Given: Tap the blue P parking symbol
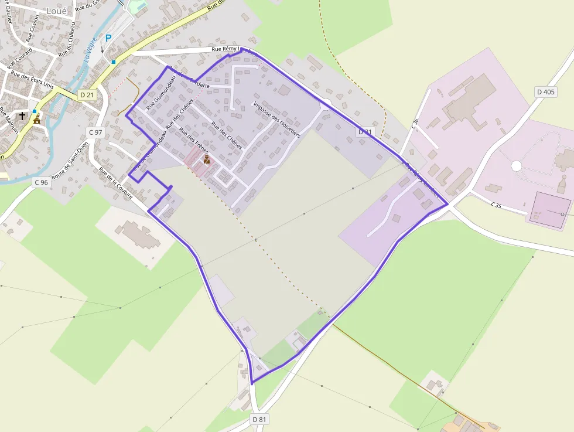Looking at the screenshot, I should tap(108, 38).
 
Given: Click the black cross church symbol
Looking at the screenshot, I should tap(22, 116).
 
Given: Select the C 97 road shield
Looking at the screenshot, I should tap(95, 132).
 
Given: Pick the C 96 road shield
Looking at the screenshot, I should tap(40, 182).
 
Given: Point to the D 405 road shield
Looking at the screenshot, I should tap(546, 92).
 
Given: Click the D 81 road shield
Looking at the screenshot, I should tap(259, 419).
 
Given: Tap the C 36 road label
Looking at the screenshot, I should tap(415, 124).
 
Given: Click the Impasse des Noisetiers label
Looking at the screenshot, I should tap(277, 120).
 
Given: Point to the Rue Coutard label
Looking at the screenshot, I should tap(19, 59).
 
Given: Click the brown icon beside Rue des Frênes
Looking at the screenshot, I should tap(206, 159).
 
